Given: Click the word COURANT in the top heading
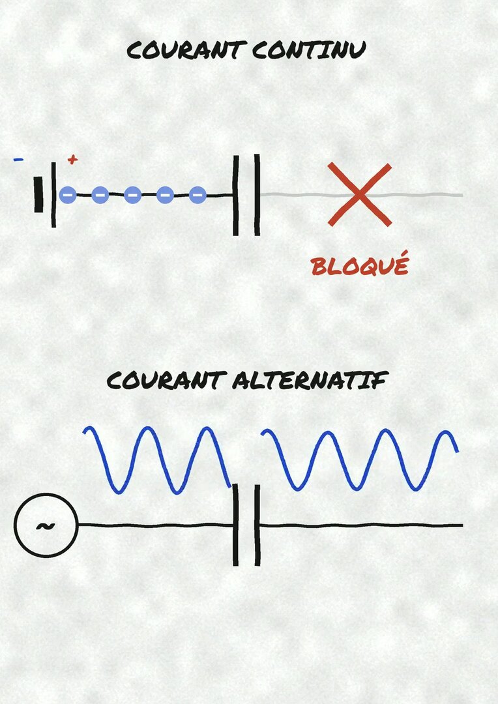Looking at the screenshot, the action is pyautogui.click(x=186, y=50).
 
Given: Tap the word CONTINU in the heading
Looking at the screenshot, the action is pyautogui.click(x=309, y=50).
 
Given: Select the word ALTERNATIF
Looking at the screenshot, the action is pyautogui.click(x=310, y=381).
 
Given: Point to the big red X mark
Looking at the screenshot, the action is pyautogui.click(x=360, y=194).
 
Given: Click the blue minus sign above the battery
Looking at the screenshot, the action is pyautogui.click(x=18, y=160).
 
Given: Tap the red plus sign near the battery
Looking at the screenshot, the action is pyautogui.click(x=72, y=160).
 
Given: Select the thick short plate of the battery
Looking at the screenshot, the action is pyautogui.click(x=38, y=194).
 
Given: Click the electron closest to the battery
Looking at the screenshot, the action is pyautogui.click(x=68, y=195).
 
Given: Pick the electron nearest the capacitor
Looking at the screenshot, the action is pyautogui.click(x=198, y=195).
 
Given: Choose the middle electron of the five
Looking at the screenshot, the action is pyautogui.click(x=132, y=195).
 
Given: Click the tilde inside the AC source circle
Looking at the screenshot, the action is pyautogui.click(x=46, y=526).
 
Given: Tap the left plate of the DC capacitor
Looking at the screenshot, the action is pyautogui.click(x=235, y=196).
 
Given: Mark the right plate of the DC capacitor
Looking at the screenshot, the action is pyautogui.click(x=257, y=195).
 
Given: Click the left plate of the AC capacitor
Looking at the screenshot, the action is pyautogui.click(x=235, y=525).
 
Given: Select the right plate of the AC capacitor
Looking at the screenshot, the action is pyautogui.click(x=257, y=525).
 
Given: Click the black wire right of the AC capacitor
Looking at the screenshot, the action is pyautogui.click(x=362, y=525).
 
